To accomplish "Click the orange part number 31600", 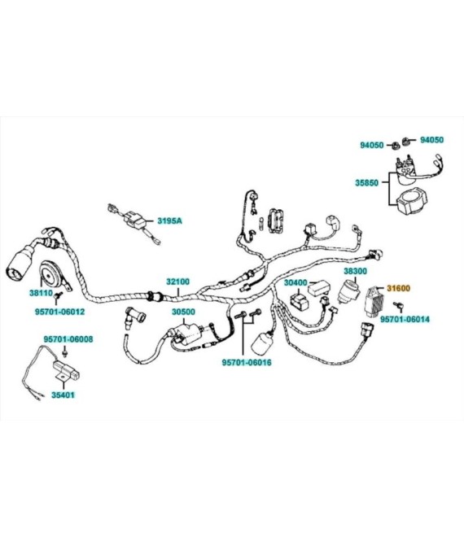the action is [398, 288].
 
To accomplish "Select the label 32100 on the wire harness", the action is [177, 282].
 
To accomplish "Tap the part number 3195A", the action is [169, 220].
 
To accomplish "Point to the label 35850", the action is [366, 183].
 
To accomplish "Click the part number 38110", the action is [42, 293].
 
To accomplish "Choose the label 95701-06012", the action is [59, 312].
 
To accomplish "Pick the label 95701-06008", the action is [68, 339].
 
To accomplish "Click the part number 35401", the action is [63, 395].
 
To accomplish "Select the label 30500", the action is [183, 312].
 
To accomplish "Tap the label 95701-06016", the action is [247, 362].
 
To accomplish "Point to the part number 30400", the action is [295, 283].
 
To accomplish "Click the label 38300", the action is [356, 271].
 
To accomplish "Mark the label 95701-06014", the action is [405, 319].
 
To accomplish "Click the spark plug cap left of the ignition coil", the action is [134, 318].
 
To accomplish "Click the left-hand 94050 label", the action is [371, 145].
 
